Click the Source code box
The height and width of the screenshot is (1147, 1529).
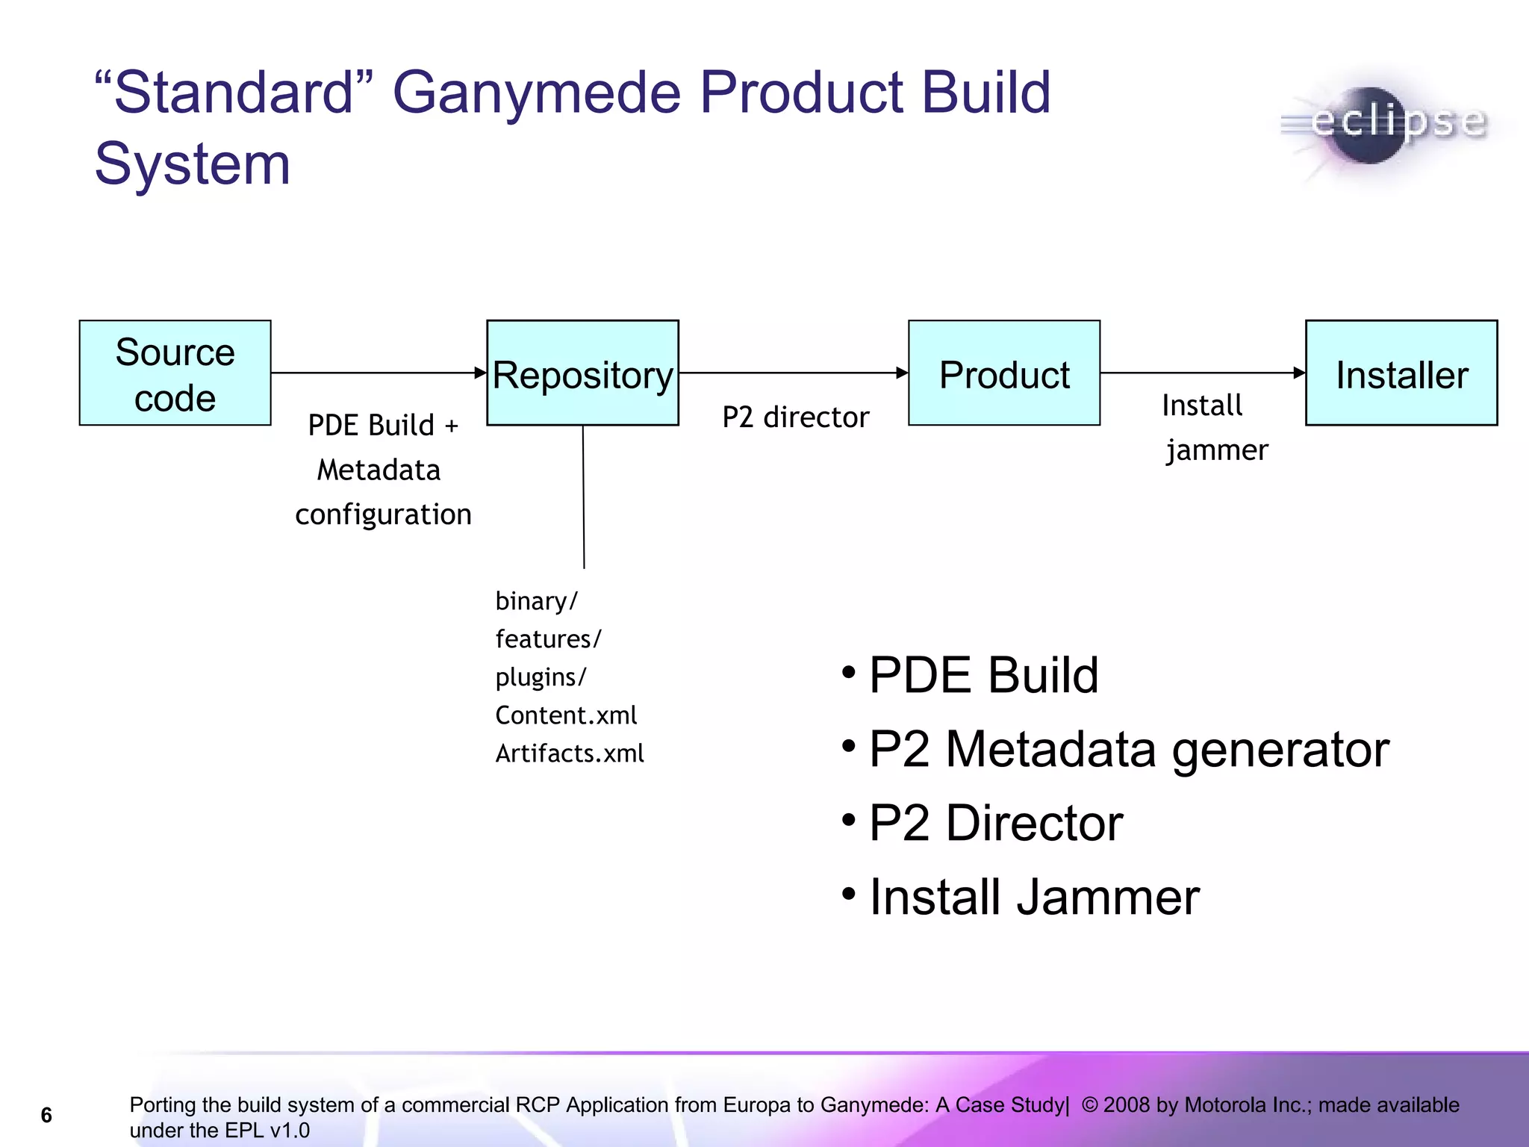[x=175, y=373]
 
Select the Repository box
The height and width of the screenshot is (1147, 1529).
[x=582, y=373]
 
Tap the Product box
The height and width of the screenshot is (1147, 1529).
[x=1004, y=373]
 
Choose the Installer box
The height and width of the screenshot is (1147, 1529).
[x=1401, y=373]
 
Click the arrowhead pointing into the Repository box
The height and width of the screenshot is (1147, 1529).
[x=481, y=373]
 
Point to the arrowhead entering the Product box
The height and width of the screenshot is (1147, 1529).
[x=903, y=373]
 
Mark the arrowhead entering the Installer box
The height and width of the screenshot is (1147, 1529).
[x=1300, y=373]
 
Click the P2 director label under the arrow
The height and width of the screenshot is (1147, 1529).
[x=795, y=417]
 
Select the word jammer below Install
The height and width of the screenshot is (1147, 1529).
[x=1217, y=450]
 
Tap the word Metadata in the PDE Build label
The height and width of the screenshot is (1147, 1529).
[x=379, y=470]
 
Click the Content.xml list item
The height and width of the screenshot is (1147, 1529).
[x=566, y=715]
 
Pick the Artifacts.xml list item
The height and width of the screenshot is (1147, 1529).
[x=570, y=753]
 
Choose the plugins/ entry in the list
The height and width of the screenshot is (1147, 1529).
[x=541, y=677]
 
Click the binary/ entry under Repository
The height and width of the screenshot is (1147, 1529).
[x=537, y=601]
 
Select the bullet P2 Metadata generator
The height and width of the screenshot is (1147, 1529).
[x=1128, y=749]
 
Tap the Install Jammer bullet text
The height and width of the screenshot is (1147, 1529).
[x=1034, y=897]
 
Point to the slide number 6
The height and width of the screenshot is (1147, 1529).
[x=46, y=1115]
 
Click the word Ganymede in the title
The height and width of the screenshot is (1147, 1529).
[x=537, y=93]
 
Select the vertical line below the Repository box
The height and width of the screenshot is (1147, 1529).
[x=584, y=497]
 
